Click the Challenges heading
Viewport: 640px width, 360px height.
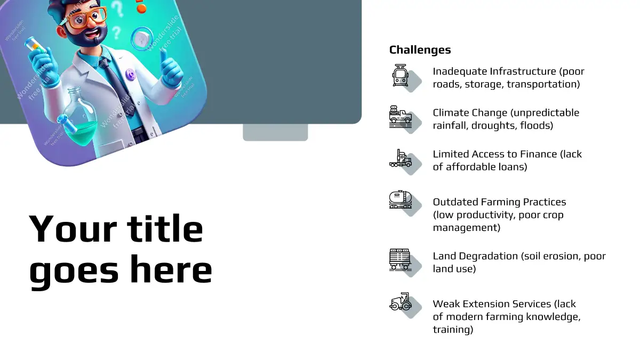[x=420, y=50]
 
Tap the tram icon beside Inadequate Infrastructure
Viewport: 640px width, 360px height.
[x=400, y=75]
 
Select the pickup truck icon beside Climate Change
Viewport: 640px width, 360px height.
[x=401, y=117]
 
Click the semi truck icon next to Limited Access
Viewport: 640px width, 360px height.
[x=401, y=158]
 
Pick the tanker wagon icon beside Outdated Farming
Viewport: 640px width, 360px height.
[x=401, y=199]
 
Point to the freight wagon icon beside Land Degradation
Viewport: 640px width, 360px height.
[x=400, y=259]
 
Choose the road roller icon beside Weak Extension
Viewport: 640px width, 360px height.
[x=401, y=301]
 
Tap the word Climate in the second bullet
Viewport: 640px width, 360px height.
[x=450, y=113]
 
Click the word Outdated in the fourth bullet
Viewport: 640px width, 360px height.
[x=455, y=202]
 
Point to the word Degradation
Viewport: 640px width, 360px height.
[x=489, y=256]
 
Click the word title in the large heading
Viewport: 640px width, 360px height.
[x=165, y=229]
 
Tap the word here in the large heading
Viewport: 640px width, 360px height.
[x=171, y=269]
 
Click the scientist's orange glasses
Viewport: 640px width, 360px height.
[x=89, y=18]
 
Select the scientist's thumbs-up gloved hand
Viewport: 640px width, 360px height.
[x=171, y=68]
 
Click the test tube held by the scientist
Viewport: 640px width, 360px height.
[x=35, y=46]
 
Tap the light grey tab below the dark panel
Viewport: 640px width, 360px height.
[x=275, y=132]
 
